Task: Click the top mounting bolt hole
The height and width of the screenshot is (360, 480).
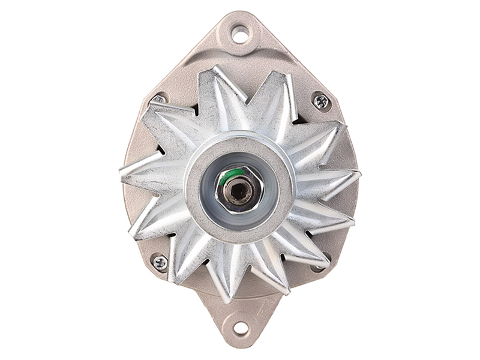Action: click(x=240, y=34)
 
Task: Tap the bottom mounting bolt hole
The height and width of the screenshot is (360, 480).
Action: click(x=241, y=328)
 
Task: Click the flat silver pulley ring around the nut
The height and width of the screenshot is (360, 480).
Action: click(x=240, y=150)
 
